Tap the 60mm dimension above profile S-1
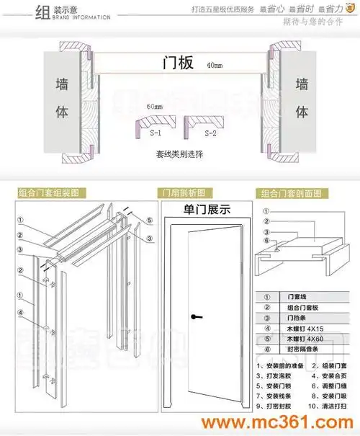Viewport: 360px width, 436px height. pyautogui.click(x=154, y=107)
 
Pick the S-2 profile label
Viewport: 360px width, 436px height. pyautogui.click(x=210, y=134)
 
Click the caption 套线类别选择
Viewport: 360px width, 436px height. pyautogui.click(x=179, y=154)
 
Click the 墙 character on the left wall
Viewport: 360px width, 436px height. pyautogui.click(x=63, y=84)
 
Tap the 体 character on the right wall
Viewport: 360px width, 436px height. pyautogui.click(x=302, y=112)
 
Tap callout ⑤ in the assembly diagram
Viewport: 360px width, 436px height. pyautogui.click(x=148, y=221)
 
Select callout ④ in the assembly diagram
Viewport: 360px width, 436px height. pyautogui.click(x=20, y=313)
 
